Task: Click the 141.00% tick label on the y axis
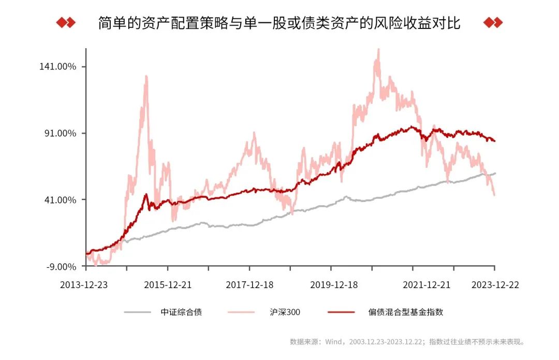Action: pos(57,67)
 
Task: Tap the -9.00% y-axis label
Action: pos(61,266)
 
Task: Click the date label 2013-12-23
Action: pos(84,285)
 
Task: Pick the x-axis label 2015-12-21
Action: pos(168,285)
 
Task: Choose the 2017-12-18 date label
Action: pos(249,285)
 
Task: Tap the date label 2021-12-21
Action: pos(426,285)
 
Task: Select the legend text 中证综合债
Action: pos(181,312)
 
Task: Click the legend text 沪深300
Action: pos(285,312)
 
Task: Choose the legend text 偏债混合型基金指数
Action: pos(406,312)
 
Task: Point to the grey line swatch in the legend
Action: pos(138,312)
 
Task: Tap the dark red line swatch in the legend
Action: pos(342,312)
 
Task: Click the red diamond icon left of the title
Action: pos(66,23)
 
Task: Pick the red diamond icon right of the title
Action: pos(493,23)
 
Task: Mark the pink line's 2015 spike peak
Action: pos(146,76)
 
